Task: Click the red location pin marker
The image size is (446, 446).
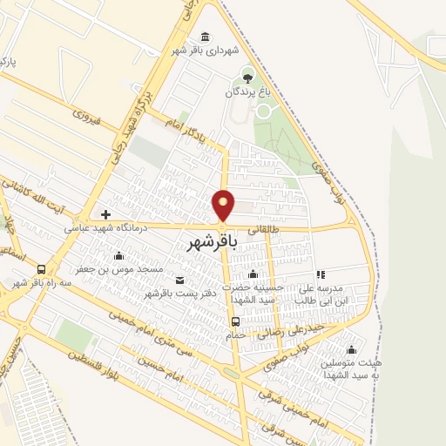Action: point(224,205)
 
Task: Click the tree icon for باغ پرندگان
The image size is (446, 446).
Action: point(249,78)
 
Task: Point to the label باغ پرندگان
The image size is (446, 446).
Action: point(249,91)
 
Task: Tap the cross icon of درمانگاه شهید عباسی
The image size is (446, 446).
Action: point(105,214)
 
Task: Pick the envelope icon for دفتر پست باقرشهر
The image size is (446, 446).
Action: point(179,280)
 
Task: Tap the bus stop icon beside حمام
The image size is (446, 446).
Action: point(236,321)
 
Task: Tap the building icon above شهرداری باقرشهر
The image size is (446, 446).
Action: point(205,36)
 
